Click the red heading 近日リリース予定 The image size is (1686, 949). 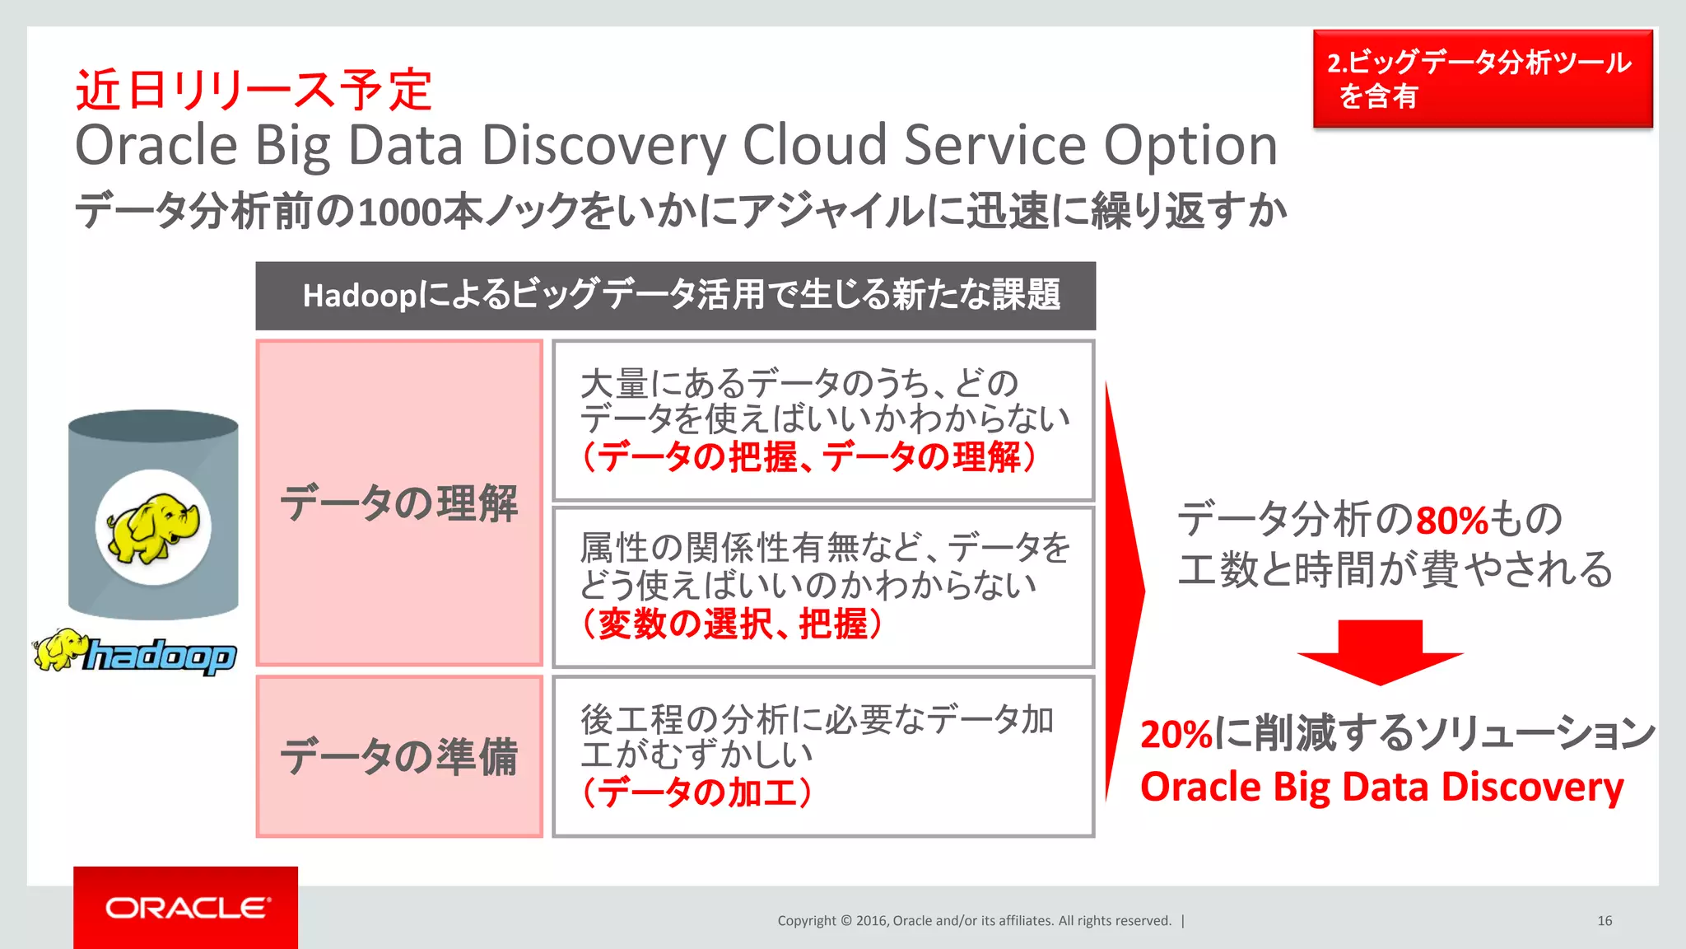tap(254, 89)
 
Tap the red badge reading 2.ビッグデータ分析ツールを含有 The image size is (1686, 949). tap(1482, 79)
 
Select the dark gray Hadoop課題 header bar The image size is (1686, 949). tap(675, 296)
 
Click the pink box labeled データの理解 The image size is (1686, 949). tap(399, 503)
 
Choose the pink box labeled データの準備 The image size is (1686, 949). tap(399, 756)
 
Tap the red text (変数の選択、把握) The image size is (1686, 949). tap(732, 624)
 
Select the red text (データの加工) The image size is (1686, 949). tap(696, 792)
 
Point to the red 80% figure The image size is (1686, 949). tap(1451, 521)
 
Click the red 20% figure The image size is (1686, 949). tap(1176, 734)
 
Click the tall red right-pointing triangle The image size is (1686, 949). tap(1123, 590)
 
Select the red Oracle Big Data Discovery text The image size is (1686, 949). tap(1381, 787)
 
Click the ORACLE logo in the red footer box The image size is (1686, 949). tap(187, 908)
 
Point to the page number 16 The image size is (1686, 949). tap(1604, 921)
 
